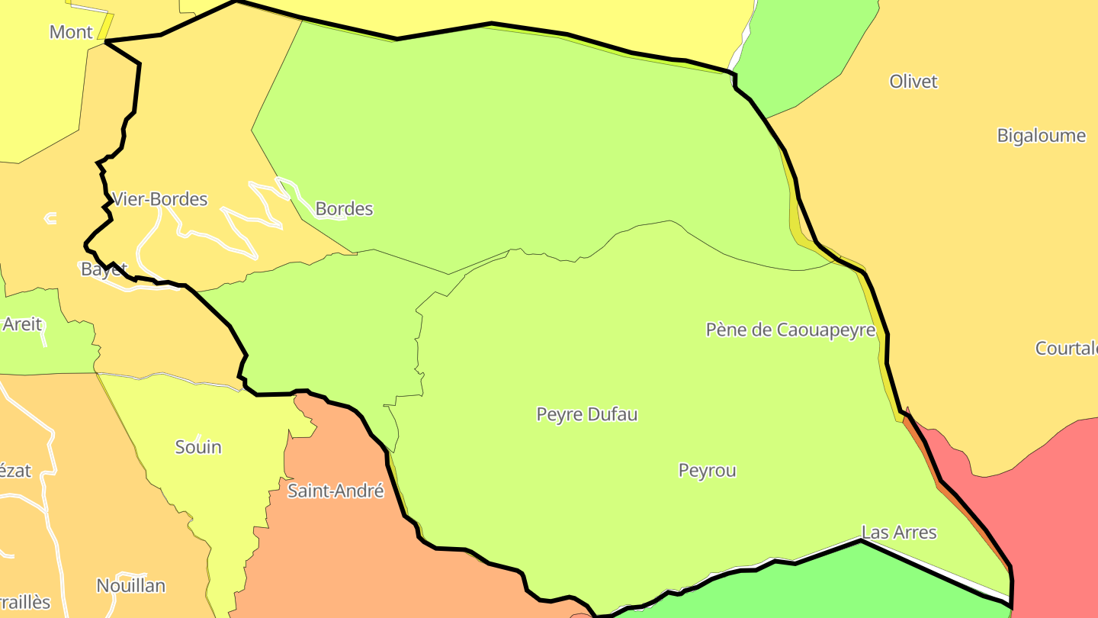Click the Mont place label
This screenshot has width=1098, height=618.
click(x=71, y=32)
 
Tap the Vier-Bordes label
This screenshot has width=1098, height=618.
click(x=160, y=199)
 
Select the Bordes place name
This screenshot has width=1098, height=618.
click(x=344, y=208)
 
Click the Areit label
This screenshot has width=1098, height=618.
click(x=22, y=323)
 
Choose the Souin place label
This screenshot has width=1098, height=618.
click(x=198, y=446)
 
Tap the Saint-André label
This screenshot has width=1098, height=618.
click(x=335, y=491)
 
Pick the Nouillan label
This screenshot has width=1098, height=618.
click(x=131, y=585)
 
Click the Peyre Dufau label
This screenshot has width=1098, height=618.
click(x=587, y=414)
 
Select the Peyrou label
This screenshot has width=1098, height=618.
click(x=708, y=470)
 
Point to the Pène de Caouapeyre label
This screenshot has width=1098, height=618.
click(x=791, y=330)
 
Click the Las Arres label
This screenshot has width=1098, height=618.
click(x=899, y=532)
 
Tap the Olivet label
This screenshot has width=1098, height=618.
click(x=913, y=81)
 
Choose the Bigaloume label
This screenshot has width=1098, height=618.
click(x=1042, y=135)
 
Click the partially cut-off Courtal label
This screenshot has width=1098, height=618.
click(x=1066, y=348)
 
